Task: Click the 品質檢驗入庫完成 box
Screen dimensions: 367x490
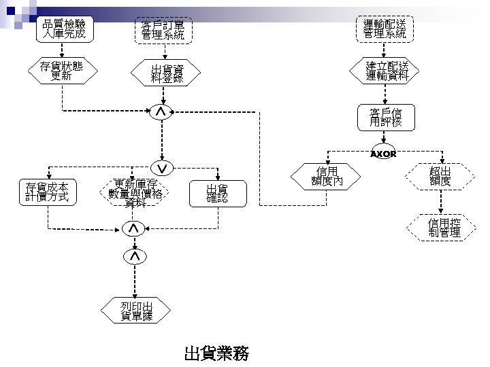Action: coord(63,29)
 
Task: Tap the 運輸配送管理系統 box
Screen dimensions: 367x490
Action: coord(385,29)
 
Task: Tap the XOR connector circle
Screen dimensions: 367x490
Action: coord(383,154)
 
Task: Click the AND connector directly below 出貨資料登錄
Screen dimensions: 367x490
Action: coord(160,111)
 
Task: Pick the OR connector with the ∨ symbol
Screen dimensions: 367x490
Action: coord(161,167)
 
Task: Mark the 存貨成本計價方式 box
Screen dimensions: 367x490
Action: coord(48,192)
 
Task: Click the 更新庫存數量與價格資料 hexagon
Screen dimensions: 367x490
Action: coord(135,192)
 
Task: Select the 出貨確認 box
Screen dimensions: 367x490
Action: coord(217,193)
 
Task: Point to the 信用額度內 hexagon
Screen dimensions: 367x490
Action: coord(325,176)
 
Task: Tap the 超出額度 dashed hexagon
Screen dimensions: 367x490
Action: coord(440,176)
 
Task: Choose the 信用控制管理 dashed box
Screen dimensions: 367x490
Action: coord(444,228)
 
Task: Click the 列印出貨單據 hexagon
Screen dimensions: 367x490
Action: coord(136,310)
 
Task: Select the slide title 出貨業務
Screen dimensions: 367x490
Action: coord(216,353)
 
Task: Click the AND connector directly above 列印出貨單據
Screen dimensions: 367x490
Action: coord(134,256)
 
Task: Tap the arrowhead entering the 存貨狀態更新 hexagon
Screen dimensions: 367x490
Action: coord(62,56)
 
